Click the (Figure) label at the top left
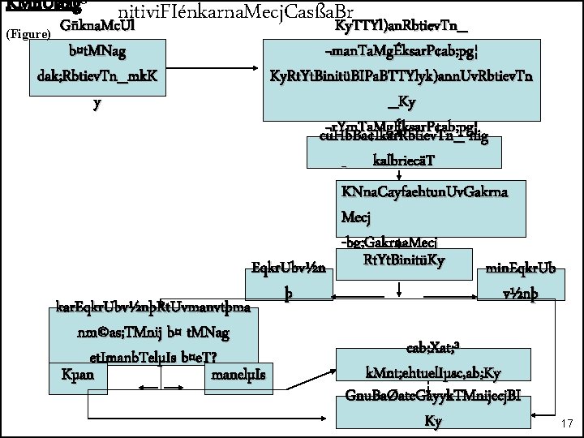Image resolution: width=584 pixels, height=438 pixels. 28,34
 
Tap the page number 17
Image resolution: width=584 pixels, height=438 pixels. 566,423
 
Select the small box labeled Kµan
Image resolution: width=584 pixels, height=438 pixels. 78,374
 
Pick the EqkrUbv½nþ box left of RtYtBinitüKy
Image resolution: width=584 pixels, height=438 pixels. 289,281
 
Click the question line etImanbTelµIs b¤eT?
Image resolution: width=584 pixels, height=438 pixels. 152,357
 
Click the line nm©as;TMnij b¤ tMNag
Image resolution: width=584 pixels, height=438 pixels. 152,333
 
